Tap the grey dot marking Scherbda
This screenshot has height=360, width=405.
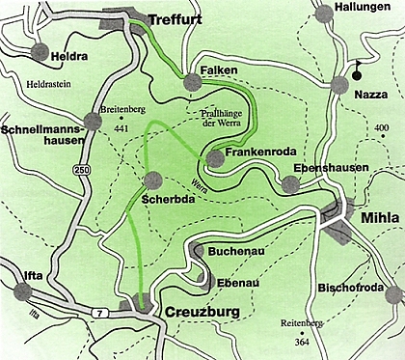(x=151, y=179)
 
